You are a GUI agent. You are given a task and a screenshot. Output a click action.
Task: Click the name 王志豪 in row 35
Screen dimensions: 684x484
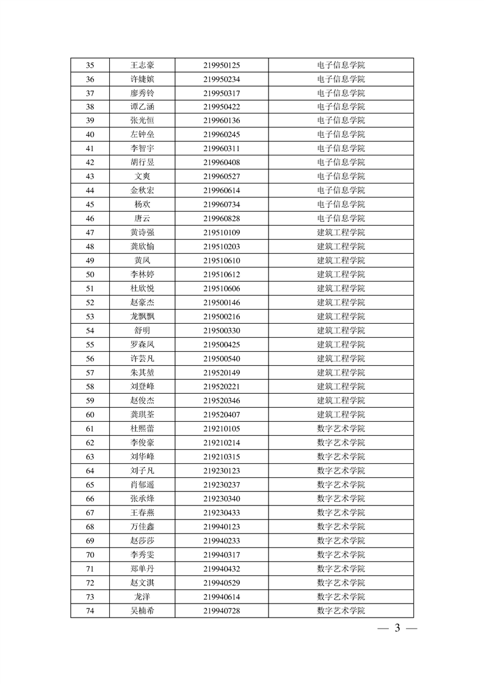tap(142, 65)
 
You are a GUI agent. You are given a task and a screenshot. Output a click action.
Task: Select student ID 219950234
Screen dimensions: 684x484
tap(222, 79)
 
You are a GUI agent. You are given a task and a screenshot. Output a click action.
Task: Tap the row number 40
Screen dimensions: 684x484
tap(90, 135)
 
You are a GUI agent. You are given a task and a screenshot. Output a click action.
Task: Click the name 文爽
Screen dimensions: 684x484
tap(142, 176)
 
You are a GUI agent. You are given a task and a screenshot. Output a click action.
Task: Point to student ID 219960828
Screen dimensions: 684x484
tap(222, 218)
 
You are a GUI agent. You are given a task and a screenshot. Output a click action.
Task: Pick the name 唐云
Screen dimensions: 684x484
tap(142, 218)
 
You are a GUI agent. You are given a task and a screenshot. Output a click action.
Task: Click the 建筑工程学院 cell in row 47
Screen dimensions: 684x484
tap(341, 232)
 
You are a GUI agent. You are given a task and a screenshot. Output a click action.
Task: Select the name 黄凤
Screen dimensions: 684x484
tap(142, 260)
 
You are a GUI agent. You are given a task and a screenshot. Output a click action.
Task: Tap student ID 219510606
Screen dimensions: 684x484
tap(222, 288)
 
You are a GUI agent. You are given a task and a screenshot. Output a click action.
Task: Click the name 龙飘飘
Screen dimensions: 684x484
tap(142, 316)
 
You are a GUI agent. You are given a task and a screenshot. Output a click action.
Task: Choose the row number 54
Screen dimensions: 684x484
tap(90, 330)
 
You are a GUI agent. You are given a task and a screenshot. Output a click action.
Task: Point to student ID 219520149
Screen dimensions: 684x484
tap(222, 372)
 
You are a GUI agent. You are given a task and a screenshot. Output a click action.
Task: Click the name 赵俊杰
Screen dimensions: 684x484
tap(142, 401)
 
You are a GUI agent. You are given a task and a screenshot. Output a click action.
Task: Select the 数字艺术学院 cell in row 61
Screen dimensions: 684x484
tap(341, 429)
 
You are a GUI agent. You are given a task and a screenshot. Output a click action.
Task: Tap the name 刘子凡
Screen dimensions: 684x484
tap(142, 471)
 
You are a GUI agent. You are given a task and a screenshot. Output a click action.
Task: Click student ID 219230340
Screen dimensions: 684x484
tap(222, 499)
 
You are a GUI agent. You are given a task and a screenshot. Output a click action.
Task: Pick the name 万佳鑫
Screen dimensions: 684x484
tap(142, 527)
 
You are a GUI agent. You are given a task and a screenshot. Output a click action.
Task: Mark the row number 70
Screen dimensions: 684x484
tap(90, 555)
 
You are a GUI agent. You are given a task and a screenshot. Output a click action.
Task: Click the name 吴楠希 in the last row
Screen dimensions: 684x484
tap(142, 611)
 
